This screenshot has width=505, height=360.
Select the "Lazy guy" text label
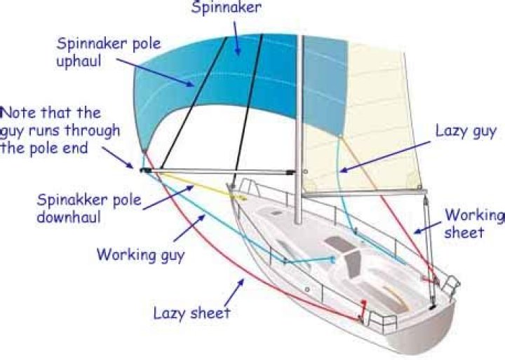465,130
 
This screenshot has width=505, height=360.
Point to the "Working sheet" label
474,223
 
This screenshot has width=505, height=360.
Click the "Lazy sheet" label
191,312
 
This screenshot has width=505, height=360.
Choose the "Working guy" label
140,254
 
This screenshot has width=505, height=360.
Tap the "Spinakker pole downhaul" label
89,208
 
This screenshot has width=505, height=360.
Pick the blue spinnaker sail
210,84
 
